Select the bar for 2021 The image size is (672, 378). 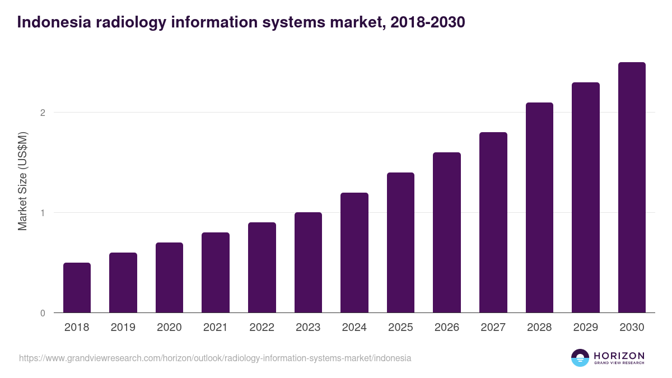(216, 272)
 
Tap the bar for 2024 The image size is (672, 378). (354, 253)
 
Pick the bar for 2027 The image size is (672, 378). (493, 222)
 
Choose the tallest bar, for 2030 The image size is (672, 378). (632, 188)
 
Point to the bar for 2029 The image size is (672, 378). (586, 198)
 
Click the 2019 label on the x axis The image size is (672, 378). (123, 328)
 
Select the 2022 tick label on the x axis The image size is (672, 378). (262, 328)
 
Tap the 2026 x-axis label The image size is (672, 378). (447, 328)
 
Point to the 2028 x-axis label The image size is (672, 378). (539, 328)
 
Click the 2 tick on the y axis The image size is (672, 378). (43, 113)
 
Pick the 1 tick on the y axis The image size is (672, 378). (43, 213)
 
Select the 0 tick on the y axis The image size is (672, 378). (43, 313)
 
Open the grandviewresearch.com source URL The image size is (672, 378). (215, 358)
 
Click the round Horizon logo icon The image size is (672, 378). (580, 358)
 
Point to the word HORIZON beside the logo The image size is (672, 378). (619, 356)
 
